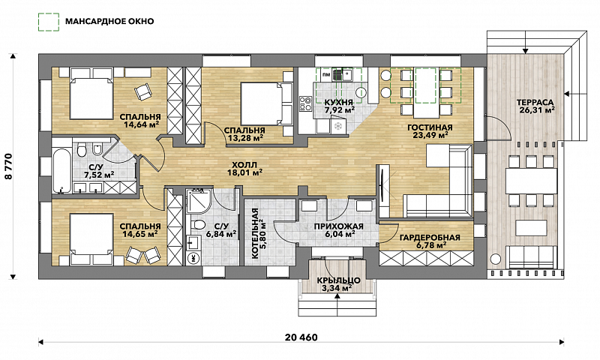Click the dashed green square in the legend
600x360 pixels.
49,22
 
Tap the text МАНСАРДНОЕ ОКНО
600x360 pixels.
109,21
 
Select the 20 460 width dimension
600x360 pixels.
301,337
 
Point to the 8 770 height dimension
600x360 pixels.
9,166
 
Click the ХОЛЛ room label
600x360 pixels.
244,165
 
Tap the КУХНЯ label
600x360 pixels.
339,102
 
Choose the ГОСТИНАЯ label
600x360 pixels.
430,127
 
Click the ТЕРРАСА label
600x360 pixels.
535,103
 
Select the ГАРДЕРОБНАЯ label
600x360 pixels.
430,238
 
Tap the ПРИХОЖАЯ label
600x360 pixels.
338,226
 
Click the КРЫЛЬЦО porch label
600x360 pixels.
338,280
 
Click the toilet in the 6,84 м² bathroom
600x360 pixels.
197,223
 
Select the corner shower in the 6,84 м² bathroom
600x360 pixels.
198,201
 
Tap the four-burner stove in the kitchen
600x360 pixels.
306,103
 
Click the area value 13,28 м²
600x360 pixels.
244,138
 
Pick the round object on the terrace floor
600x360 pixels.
496,258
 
